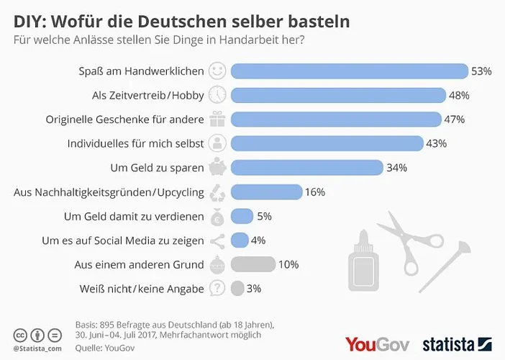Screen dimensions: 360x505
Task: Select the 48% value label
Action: [x=459, y=95]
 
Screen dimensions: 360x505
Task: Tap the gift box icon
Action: [x=217, y=119]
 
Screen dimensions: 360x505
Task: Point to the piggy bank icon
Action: [x=217, y=168]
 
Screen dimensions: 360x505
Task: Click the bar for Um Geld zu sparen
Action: [x=306, y=168]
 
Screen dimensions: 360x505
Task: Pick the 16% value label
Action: [x=315, y=192]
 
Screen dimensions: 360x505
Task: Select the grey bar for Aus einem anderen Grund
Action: [x=253, y=264]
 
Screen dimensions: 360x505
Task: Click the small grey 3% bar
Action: [x=237, y=289]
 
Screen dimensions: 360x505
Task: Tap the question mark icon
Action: [x=217, y=289]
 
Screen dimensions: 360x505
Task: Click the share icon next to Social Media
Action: [x=217, y=240]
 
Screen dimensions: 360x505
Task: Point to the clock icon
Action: [x=217, y=95]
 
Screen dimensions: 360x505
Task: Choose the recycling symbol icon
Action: [x=217, y=192]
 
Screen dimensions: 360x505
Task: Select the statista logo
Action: [x=458, y=343]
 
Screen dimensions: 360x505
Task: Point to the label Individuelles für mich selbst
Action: [x=135, y=143]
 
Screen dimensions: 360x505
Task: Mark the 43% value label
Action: [x=436, y=143]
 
